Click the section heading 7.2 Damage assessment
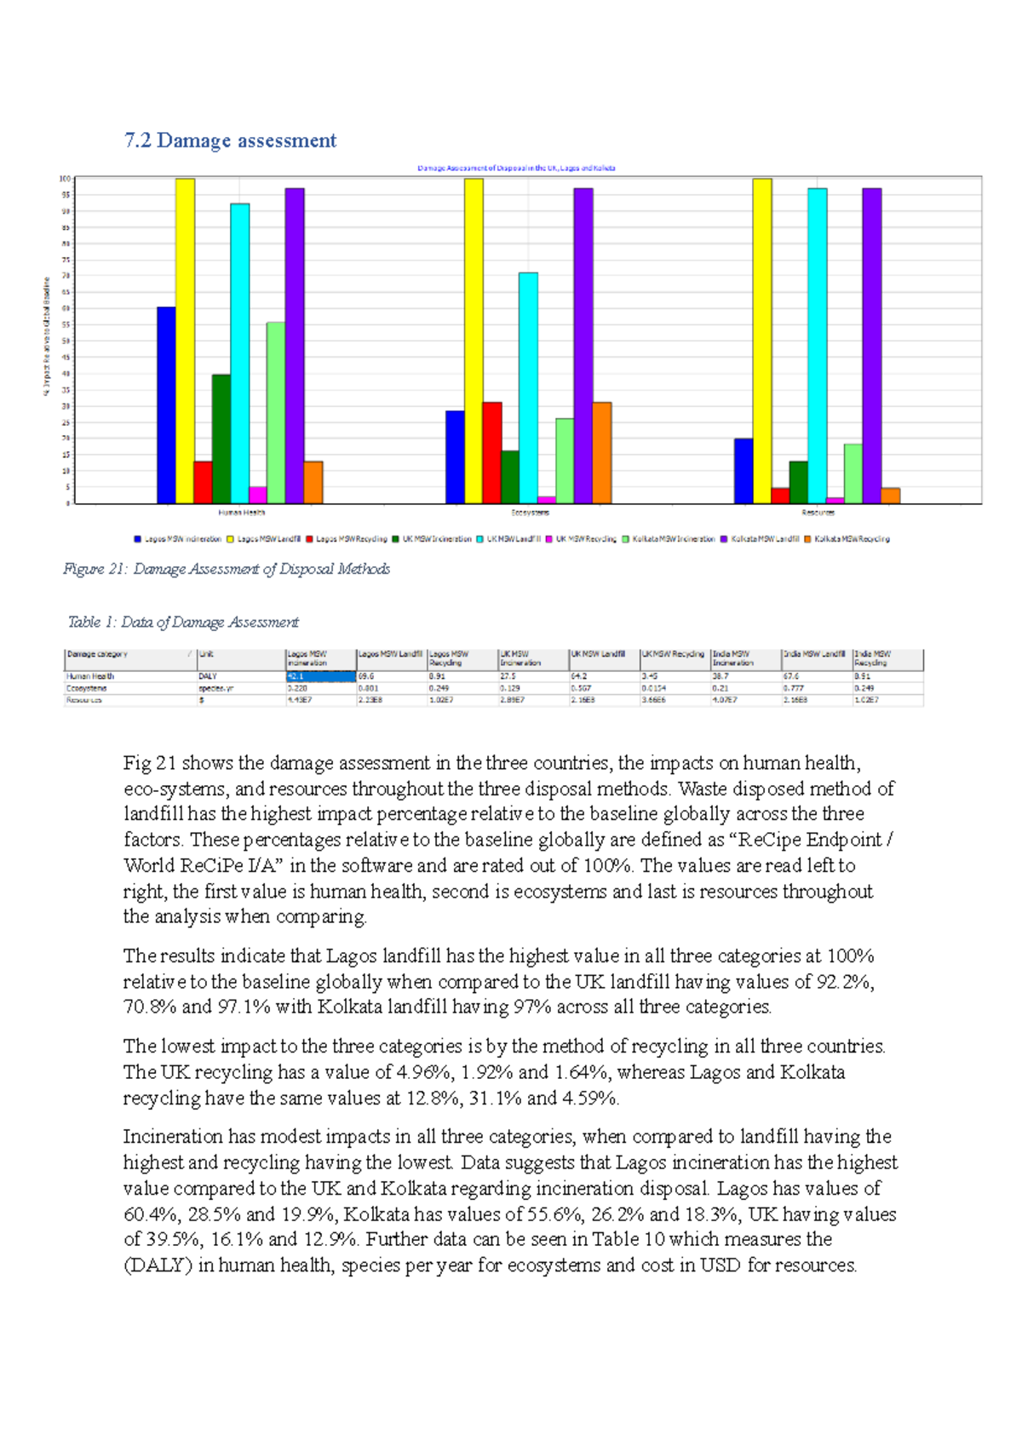[230, 141]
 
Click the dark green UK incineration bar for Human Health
[221, 439]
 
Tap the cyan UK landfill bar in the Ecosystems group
[528, 387]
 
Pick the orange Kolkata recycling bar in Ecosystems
[601, 452]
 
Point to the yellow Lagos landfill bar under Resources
[762, 341]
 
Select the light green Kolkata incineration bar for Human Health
[276, 412]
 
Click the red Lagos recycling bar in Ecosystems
[492, 452]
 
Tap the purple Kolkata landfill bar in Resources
[871, 345]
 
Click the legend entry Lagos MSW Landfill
[263, 539]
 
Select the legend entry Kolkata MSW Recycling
[847, 539]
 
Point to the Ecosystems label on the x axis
[530, 513]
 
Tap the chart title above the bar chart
[516, 168]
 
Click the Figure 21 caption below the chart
[227, 569]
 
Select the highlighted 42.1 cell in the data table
[320, 676]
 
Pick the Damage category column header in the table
[98, 654]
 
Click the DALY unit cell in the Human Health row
[208, 676]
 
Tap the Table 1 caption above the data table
[183, 623]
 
